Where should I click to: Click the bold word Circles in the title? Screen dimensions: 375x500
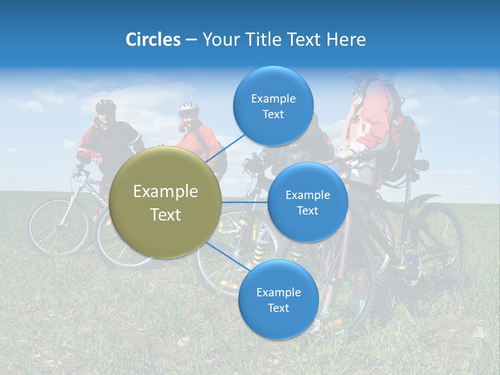click(x=153, y=40)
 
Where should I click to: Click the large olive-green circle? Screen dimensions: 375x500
click(x=166, y=202)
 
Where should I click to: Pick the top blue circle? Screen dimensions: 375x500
click(x=273, y=106)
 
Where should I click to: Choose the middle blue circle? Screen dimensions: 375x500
click(x=308, y=202)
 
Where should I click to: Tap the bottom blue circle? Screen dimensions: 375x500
click(x=278, y=300)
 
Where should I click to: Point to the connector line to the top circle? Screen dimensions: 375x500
click(x=226, y=148)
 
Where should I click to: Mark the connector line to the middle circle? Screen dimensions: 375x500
click(x=245, y=202)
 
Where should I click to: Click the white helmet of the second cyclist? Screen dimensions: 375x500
click(x=189, y=108)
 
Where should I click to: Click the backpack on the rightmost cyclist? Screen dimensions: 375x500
click(x=404, y=138)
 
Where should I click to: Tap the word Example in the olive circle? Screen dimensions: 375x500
click(x=166, y=192)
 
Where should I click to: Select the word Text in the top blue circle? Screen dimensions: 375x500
click(x=273, y=115)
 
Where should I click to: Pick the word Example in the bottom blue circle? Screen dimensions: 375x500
click(x=278, y=292)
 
